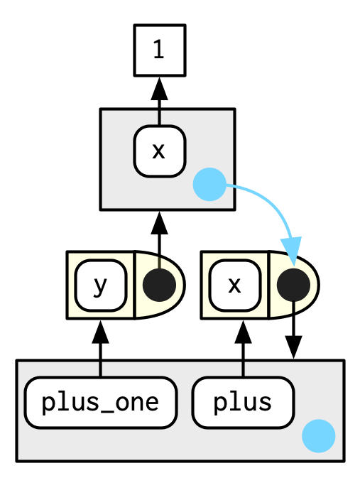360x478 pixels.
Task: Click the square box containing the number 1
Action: [160, 50]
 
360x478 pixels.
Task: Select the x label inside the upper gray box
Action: [160, 151]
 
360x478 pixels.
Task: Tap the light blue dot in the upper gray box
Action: [209, 185]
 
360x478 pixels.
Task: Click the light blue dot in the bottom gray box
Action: [319, 436]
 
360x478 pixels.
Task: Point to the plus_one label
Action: [101, 403]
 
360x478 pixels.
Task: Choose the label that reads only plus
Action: [243, 403]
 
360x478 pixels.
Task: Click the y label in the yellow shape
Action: [101, 286]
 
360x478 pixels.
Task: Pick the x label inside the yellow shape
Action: [235, 286]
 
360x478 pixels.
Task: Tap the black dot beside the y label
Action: [160, 286]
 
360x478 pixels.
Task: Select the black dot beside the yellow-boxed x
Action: [293, 286]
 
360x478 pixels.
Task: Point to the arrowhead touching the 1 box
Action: [160, 89]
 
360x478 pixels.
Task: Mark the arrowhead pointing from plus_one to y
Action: [101, 332]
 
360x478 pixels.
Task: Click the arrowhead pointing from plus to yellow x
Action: [243, 332]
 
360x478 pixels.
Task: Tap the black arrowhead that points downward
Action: [293, 347]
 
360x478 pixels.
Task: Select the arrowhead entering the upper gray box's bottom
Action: [160, 223]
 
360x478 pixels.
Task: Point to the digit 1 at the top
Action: [159, 50]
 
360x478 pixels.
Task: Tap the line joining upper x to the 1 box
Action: [160, 112]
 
